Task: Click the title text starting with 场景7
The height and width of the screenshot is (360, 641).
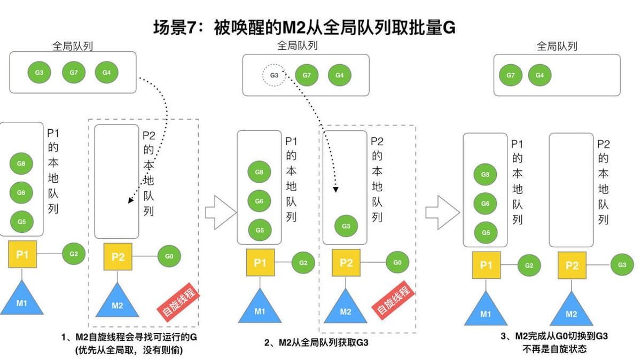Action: [x=304, y=27]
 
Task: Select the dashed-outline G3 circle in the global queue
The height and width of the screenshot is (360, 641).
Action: [x=274, y=75]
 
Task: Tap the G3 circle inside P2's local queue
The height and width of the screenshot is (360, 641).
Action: [x=346, y=226]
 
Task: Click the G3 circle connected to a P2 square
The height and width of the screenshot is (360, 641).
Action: [x=622, y=264]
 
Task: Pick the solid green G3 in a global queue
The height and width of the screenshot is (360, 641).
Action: [x=40, y=72]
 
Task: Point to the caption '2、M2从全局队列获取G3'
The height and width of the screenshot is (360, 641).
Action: [x=316, y=342]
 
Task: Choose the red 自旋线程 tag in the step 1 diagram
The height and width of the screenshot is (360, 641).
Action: [x=178, y=303]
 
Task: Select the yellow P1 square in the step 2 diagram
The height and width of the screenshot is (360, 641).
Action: [x=260, y=263]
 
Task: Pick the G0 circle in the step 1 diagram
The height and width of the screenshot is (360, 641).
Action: [x=169, y=256]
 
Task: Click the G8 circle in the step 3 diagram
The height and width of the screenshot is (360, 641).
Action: [x=486, y=175]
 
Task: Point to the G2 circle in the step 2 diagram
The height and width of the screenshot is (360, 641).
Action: [x=303, y=263]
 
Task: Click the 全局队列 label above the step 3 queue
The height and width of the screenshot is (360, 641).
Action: [x=557, y=46]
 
